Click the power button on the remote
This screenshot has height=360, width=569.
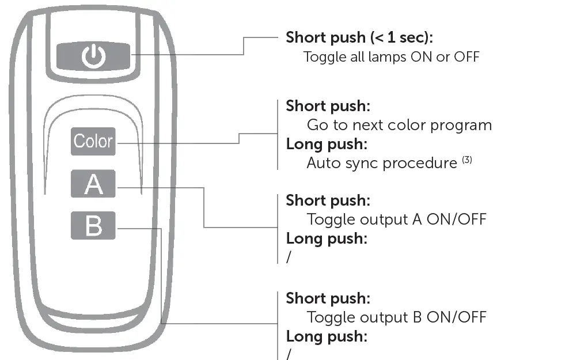tap(93, 56)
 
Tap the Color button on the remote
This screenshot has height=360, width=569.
tap(93, 141)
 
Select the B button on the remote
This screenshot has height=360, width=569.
tap(93, 225)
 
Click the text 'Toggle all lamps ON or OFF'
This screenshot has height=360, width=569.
tap(391, 57)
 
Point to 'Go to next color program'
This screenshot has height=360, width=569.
tap(399, 125)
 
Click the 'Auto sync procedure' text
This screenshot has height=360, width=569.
tap(381, 163)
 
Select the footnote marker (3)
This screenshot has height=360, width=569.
tap(466, 160)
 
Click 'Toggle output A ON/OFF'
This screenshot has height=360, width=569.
tap(396, 219)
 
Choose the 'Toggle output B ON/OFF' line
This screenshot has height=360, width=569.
tap(396, 317)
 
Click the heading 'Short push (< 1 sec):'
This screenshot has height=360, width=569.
tap(359, 38)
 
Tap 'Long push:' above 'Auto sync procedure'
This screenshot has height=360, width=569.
tap(327, 144)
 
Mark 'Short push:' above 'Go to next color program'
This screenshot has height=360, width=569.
tap(328, 106)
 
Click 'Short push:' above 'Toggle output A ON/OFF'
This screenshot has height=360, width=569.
tap(328, 200)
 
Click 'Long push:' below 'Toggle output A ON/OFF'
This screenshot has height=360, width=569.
tap(327, 238)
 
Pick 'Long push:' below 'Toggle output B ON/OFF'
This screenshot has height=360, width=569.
tap(327, 336)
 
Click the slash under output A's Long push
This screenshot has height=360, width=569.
tap(289, 257)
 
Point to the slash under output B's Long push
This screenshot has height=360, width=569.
tap(289, 353)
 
